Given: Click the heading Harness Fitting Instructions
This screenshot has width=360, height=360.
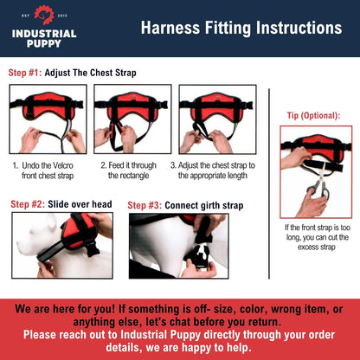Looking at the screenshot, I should [241, 28].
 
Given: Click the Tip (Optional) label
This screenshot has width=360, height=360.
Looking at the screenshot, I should [312, 114].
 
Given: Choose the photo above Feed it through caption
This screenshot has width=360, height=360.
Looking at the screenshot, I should [128, 119].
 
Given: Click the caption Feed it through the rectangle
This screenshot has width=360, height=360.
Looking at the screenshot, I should [128, 169].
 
